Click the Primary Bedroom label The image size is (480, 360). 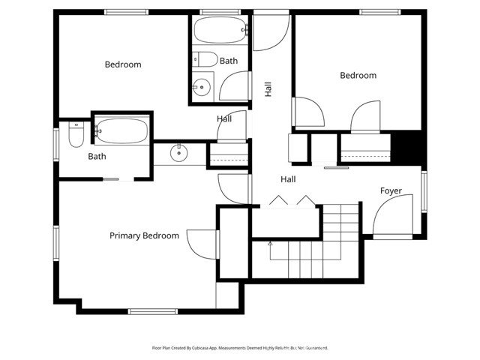click(x=144, y=235)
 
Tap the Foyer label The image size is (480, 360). click(x=391, y=191)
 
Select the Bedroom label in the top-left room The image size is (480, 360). click(x=122, y=64)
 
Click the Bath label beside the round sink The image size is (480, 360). click(x=229, y=61)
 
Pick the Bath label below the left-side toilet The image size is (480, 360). click(x=97, y=157)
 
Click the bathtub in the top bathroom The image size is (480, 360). click(x=219, y=31)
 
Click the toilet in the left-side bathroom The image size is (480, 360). click(x=76, y=135)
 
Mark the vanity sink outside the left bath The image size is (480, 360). click(x=178, y=154)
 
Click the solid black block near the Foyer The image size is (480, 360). click(x=409, y=146)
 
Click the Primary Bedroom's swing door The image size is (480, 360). click(x=202, y=244)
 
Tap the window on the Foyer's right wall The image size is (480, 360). click(x=424, y=191)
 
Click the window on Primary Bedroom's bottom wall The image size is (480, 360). click(x=152, y=311)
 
